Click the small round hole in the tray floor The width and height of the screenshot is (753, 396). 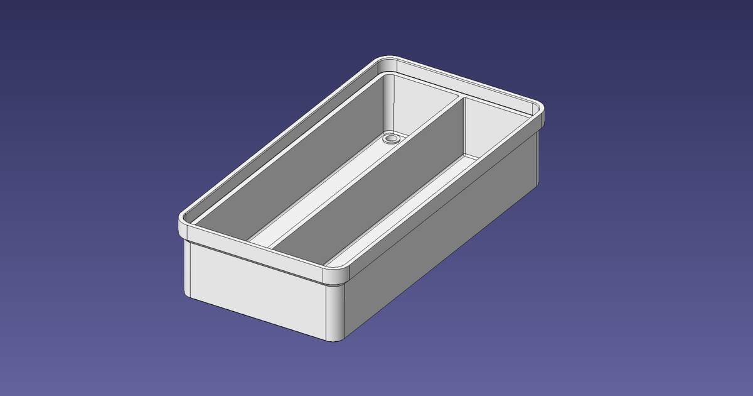[x=392, y=138]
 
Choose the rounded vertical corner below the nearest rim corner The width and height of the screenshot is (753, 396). [x=336, y=314]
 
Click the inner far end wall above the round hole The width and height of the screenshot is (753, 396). [x=414, y=107]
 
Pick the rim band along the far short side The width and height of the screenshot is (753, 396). [x=464, y=82]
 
